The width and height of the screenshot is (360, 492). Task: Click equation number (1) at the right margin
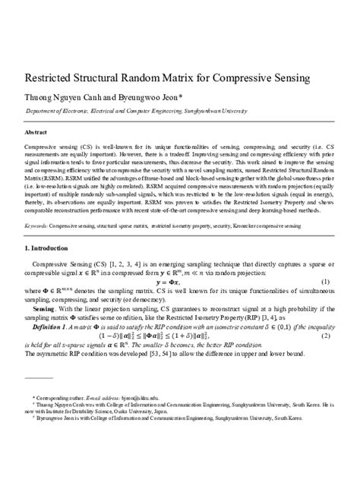coord(325,282)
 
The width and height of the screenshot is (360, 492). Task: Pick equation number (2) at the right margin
coord(325,335)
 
